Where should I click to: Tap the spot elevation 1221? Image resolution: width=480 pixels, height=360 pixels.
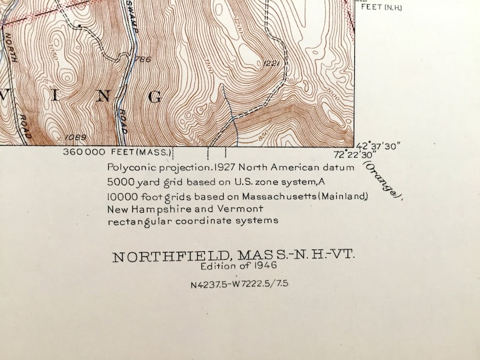coord(269,63)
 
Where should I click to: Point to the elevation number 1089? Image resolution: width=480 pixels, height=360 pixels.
coord(72,137)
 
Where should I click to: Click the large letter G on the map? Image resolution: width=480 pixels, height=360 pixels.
coord(155,97)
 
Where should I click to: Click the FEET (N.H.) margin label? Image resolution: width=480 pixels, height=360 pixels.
coord(381,7)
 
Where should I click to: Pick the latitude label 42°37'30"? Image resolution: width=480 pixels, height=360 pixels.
coord(379,146)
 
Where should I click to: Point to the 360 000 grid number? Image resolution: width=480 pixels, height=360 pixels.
coord(85,152)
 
